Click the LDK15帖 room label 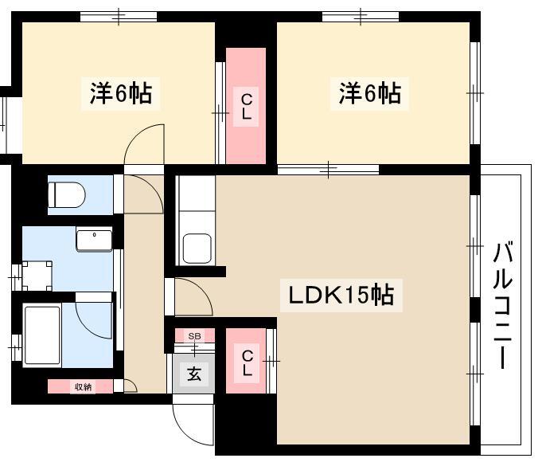click(341, 295)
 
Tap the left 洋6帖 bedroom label click(121, 93)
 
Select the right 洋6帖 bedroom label click(369, 93)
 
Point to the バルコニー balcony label click(502, 305)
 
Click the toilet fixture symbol click(66, 195)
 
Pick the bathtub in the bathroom click(42, 335)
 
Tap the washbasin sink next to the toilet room click(94, 240)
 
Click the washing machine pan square click(37, 276)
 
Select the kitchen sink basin click(197, 249)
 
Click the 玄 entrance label click(194, 374)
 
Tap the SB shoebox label click(194, 336)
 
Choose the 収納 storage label click(84, 387)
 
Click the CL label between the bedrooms click(246, 107)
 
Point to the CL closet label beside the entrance click(248, 363)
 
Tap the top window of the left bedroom click(119, 16)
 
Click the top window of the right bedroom click(361, 16)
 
